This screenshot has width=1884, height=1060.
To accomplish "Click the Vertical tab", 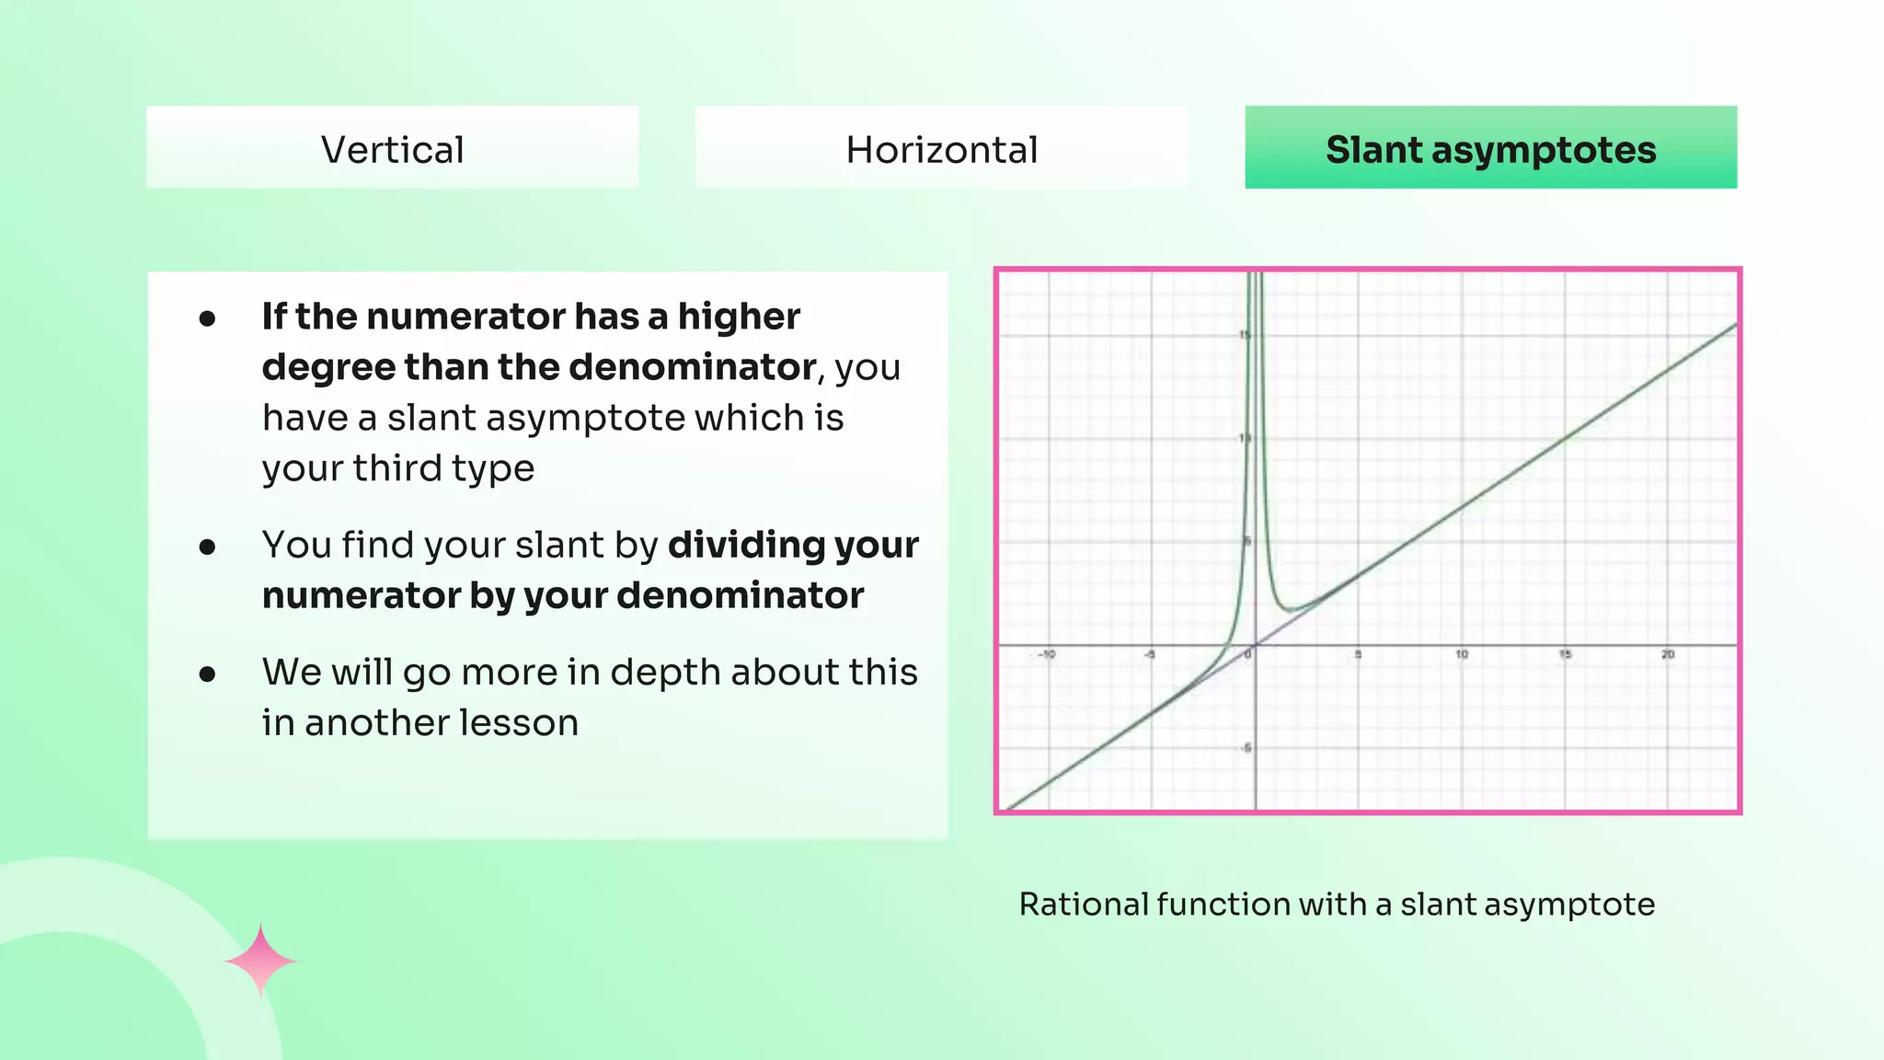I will click(x=392, y=149).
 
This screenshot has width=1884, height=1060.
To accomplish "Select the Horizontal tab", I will click(x=941, y=149).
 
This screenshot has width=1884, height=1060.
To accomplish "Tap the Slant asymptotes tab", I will click(x=1490, y=149).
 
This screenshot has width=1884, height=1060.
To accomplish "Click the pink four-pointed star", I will click(x=260, y=961).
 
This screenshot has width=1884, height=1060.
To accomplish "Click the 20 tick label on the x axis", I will click(x=1668, y=655).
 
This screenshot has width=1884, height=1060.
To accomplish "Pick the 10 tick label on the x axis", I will click(x=1462, y=655).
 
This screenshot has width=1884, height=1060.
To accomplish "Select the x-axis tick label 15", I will click(x=1565, y=655).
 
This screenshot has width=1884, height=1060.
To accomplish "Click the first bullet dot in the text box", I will click(x=208, y=318).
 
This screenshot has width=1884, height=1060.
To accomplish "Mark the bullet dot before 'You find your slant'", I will click(x=208, y=547).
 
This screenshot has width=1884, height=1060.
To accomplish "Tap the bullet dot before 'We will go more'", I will click(x=208, y=674).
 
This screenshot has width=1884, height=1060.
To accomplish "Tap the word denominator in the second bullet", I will click(x=740, y=595).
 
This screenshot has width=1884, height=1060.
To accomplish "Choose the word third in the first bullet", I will click(x=397, y=468).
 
